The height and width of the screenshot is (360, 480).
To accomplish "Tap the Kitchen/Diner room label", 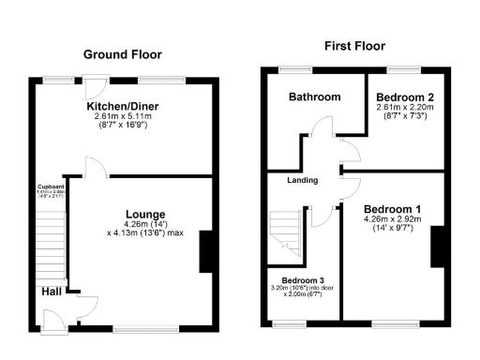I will (122, 107).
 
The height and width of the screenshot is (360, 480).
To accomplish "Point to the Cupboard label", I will (51, 186).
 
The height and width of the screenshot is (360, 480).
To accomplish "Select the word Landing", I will (302, 180).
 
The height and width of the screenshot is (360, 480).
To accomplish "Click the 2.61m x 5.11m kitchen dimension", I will (122, 117).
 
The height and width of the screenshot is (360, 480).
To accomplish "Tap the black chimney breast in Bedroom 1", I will (438, 247).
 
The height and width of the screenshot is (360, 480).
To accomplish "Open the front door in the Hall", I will (55, 321).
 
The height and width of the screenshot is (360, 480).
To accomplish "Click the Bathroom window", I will (296, 68).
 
